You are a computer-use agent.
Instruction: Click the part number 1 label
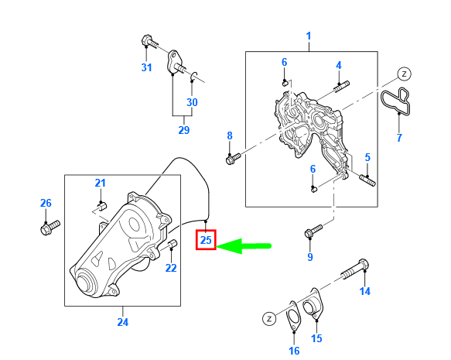click(308, 36)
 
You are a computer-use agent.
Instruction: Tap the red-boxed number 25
click(206, 241)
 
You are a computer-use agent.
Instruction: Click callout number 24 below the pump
click(122, 322)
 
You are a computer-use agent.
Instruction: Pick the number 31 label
click(147, 68)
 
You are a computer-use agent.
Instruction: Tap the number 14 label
click(364, 292)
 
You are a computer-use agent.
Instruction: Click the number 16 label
click(294, 351)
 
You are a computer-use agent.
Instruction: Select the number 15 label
click(316, 339)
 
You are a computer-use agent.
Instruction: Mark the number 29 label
click(183, 130)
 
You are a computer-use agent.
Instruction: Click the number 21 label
click(100, 183)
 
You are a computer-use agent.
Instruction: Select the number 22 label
click(171, 268)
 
